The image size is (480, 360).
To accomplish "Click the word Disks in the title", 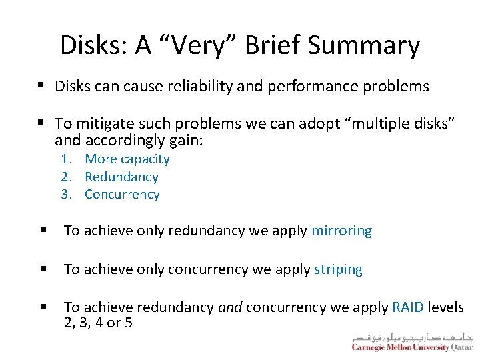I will pos(93,45).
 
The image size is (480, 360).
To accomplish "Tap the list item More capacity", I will pos(127,159).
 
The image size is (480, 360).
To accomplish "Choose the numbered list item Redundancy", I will pos(121,177).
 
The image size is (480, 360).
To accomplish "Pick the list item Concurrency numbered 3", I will pos(122,195).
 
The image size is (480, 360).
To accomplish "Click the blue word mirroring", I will pos(341,231).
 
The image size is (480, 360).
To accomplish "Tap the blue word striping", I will pos(338,270).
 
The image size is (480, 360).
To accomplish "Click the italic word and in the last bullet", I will pos(231,307).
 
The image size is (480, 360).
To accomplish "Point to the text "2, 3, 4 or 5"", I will pos(98,323).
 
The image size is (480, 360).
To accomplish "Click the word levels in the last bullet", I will pos(445,307).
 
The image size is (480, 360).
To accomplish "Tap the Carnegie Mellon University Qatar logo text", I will pos(412,347).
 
